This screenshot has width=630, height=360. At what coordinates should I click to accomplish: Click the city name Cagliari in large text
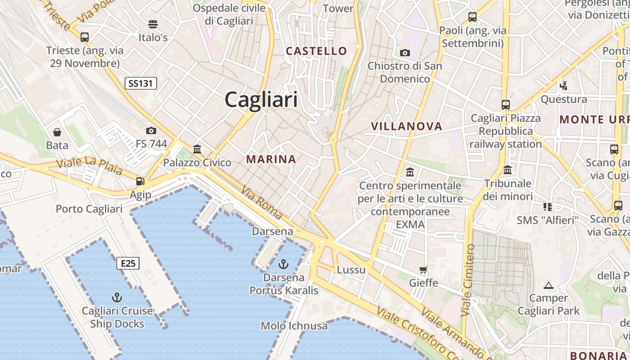[x=261, y=99]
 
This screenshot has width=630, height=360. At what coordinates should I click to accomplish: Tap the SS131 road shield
[x=141, y=83]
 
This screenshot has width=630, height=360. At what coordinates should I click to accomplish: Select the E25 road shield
[x=128, y=263]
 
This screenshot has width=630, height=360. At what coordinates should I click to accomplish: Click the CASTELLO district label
[x=317, y=51]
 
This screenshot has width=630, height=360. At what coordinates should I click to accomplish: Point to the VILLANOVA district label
[x=407, y=126]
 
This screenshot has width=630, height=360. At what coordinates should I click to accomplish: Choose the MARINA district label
[x=271, y=159]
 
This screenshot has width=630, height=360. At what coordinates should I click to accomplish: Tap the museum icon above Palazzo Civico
[x=197, y=149]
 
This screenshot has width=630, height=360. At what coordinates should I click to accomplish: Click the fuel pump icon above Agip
[x=140, y=181]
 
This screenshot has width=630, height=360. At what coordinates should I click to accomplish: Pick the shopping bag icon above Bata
[x=57, y=132]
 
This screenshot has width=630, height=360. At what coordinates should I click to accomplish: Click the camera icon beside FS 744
[x=151, y=131]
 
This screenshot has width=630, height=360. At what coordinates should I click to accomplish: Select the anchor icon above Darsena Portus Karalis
[x=283, y=264]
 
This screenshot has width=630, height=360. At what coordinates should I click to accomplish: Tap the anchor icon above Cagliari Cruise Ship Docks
[x=117, y=297]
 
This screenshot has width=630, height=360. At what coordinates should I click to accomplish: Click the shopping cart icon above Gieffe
[x=423, y=270]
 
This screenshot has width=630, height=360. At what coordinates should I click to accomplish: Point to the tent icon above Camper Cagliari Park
[x=548, y=285]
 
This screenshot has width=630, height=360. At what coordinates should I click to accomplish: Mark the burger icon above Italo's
[x=153, y=24]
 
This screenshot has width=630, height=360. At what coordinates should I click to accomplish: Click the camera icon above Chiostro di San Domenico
[x=405, y=53]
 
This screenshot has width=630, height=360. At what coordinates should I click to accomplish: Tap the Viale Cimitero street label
[x=468, y=279]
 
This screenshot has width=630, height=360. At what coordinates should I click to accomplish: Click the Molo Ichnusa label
[x=294, y=326]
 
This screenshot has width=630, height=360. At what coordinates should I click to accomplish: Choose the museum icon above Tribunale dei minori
[x=508, y=170]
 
